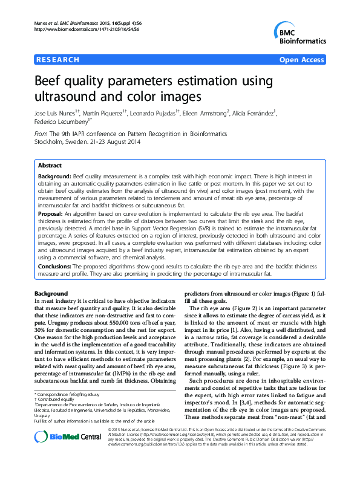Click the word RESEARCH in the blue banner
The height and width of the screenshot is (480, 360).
[57, 60]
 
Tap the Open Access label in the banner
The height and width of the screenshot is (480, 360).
[303, 60]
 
